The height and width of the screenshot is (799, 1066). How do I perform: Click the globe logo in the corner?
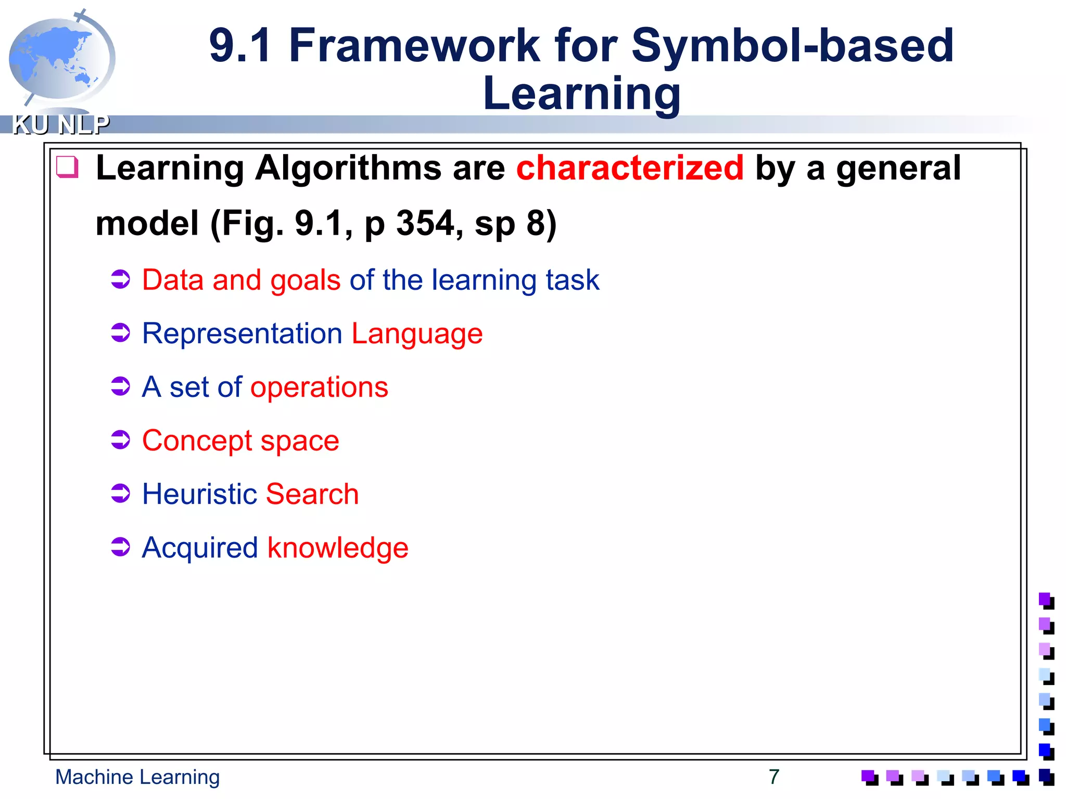(61, 58)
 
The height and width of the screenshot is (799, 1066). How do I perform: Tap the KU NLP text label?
(61, 125)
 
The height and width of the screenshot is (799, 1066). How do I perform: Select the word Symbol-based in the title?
(792, 46)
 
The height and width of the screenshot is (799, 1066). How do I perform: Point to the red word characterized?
(630, 168)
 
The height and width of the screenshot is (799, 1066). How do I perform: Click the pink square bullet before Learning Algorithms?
(68, 167)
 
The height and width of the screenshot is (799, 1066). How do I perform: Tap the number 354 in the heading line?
(425, 223)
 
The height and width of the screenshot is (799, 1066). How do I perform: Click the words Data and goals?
(241, 280)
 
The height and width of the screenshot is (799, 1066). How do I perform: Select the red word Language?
(417, 333)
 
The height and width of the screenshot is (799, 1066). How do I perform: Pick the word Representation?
(242, 333)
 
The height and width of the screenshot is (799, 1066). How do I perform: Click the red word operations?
(319, 387)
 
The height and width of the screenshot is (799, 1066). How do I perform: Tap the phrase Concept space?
(240, 441)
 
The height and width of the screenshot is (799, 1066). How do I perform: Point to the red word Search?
(312, 494)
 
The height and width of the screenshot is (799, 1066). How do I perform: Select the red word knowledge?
(338, 548)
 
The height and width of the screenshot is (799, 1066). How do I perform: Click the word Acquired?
(200, 548)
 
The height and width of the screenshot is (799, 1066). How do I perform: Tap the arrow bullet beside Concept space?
(121, 440)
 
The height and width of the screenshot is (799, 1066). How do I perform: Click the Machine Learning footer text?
(137, 777)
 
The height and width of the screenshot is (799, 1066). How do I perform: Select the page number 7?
(774, 777)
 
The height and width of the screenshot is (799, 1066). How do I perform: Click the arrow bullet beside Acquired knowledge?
(121, 547)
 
